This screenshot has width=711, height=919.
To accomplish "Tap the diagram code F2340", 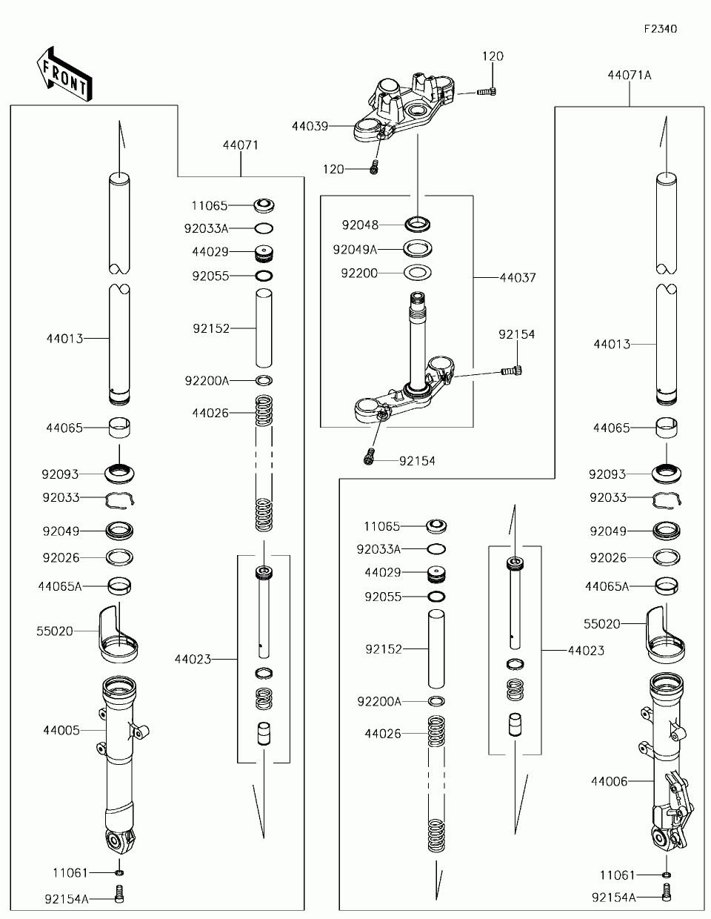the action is coord(661,29).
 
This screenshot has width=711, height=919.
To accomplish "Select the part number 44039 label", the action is coord(310,126).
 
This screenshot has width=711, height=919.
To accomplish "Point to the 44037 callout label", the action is coord(518,278).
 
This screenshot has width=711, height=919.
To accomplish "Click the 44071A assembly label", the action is coord(630,76).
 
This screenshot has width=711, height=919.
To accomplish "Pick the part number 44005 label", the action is coord(61,730).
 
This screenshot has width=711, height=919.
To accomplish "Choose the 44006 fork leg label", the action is coord(610,782).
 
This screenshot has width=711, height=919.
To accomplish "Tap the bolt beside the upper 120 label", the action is coord(487,91).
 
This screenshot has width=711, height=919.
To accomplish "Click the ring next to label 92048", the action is coord(418,224).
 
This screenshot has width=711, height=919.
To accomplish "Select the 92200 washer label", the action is coord(359,273).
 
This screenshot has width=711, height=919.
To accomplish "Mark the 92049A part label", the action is coord(355,250).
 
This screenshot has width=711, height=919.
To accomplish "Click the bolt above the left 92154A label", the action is coord(119,895).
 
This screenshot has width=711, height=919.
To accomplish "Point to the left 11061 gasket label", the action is coord(70,873).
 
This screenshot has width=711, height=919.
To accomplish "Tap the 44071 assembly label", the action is coord(241,145).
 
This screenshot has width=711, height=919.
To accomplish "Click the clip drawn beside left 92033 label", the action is coord(119,500).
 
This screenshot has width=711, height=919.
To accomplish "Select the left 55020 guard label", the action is coord(55,631).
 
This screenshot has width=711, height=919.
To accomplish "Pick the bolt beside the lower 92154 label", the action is coord(369,457).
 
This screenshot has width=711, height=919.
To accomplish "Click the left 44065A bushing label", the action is coord(59,586).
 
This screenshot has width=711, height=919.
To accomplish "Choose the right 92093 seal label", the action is coord(607,474).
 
